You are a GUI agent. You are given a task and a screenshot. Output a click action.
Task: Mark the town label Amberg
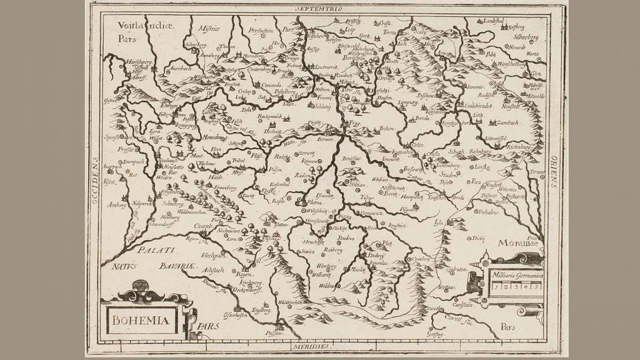click(118, 204)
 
